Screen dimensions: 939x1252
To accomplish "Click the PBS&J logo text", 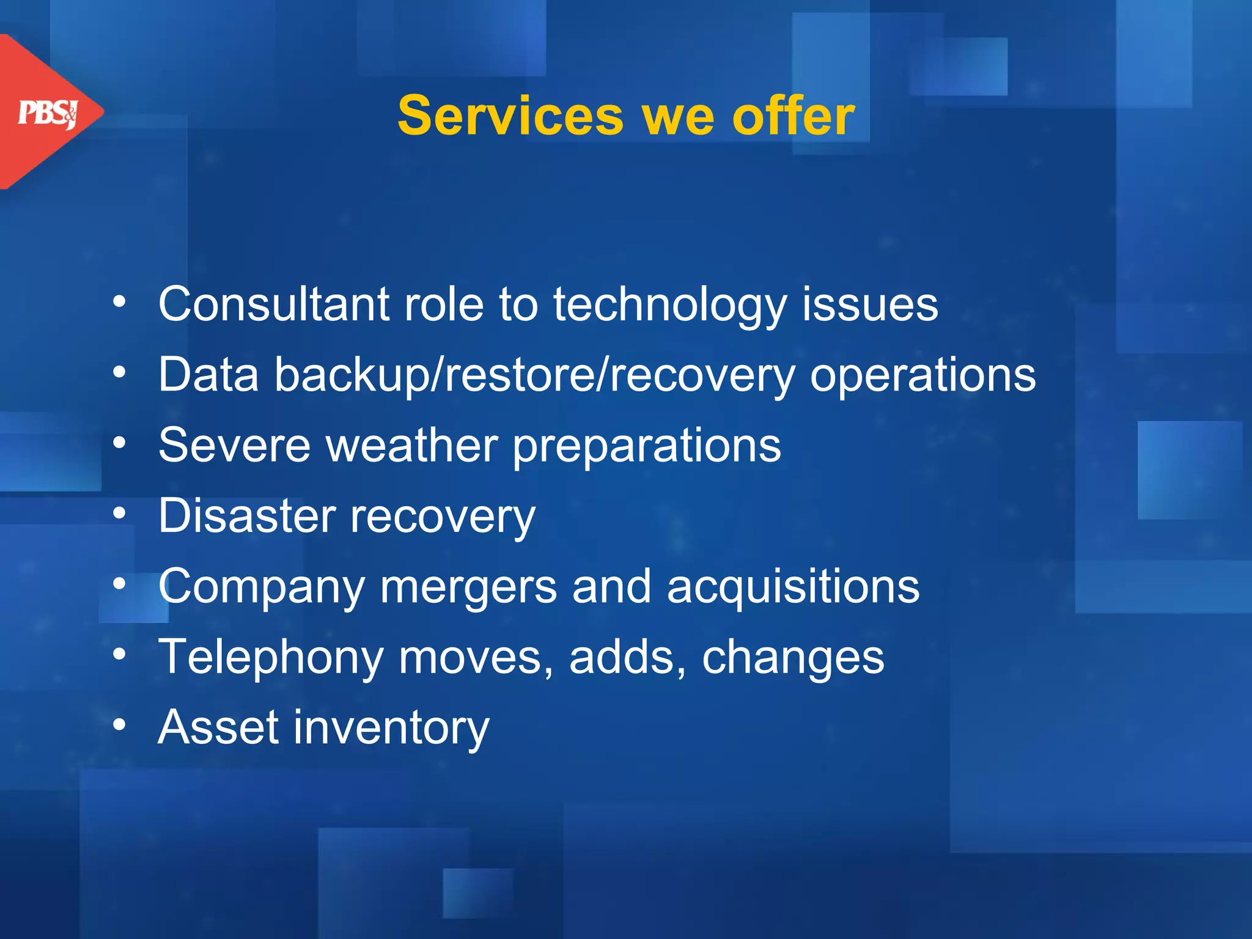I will point(48,113).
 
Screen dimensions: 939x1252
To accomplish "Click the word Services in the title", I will point(510,116).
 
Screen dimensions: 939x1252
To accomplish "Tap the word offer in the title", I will point(793,116).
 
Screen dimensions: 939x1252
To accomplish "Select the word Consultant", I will point(274,304).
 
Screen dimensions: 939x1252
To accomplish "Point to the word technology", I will point(669,305).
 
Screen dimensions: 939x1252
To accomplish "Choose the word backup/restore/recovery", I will point(534,375).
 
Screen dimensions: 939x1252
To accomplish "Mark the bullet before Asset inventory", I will point(120,725).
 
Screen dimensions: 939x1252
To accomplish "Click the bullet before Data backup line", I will point(120,372).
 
